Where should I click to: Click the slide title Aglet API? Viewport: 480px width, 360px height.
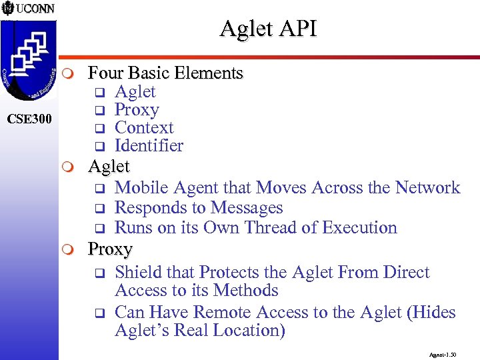coord(269,28)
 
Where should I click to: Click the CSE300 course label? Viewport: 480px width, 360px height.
coord(29,120)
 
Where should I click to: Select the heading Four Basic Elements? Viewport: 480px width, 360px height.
coord(165,73)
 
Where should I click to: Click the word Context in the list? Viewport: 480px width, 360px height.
coord(144,128)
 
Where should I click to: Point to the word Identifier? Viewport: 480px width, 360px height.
coord(149,146)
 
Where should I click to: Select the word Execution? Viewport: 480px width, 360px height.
coord(359,227)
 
